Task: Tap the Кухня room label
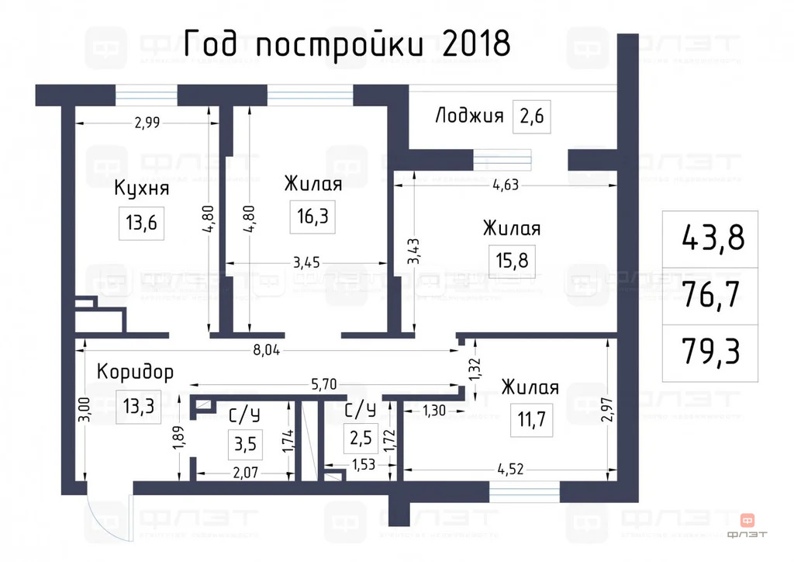point(142,189)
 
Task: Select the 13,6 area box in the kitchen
point(141,224)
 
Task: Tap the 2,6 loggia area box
point(532,117)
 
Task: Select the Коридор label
point(135,372)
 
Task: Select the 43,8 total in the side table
point(712,238)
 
